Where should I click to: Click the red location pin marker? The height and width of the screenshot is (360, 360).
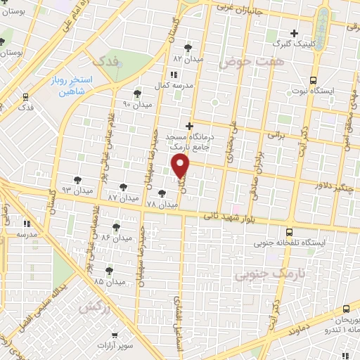pos(181,166)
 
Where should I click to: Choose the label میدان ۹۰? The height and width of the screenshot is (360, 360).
pos(136,104)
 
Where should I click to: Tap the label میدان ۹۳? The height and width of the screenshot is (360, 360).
pos(77,191)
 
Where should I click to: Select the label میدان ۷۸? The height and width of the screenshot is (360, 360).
pos(162,204)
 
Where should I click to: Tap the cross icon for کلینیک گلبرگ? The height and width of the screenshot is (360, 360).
pos(295,32)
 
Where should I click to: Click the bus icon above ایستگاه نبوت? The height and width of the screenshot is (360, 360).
pos(312,79)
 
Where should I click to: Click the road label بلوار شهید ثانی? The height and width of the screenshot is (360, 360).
pos(225,219)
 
